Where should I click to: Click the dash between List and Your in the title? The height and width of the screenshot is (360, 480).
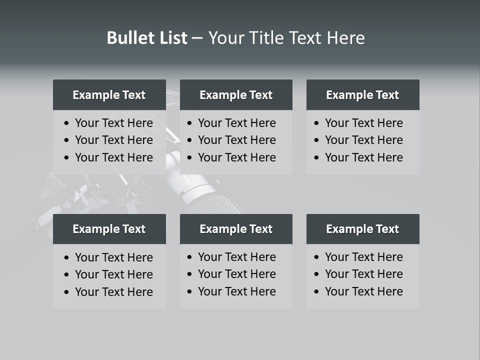point(197,38)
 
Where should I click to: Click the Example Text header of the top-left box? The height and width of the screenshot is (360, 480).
point(109,95)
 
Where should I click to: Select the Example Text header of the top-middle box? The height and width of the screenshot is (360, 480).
point(236,95)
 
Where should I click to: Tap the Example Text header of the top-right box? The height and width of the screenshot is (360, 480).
point(362,95)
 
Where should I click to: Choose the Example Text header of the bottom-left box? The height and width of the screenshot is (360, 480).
point(109,229)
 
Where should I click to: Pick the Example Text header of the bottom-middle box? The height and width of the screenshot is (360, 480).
point(236,229)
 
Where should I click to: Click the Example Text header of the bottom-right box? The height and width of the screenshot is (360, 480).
point(362,229)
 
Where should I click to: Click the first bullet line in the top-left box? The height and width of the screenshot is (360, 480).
point(113,123)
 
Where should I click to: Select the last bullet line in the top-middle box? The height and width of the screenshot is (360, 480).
point(236,157)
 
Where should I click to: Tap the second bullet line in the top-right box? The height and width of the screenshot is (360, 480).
point(363,140)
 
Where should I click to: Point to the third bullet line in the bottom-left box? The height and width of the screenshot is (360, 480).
point(113,292)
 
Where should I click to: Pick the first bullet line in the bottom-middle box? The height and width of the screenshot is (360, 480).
point(236,257)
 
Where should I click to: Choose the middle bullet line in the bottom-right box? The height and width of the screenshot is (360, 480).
point(363,274)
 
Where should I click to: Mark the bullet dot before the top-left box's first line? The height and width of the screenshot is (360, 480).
point(67,123)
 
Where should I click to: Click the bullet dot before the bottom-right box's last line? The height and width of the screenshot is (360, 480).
point(317,291)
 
